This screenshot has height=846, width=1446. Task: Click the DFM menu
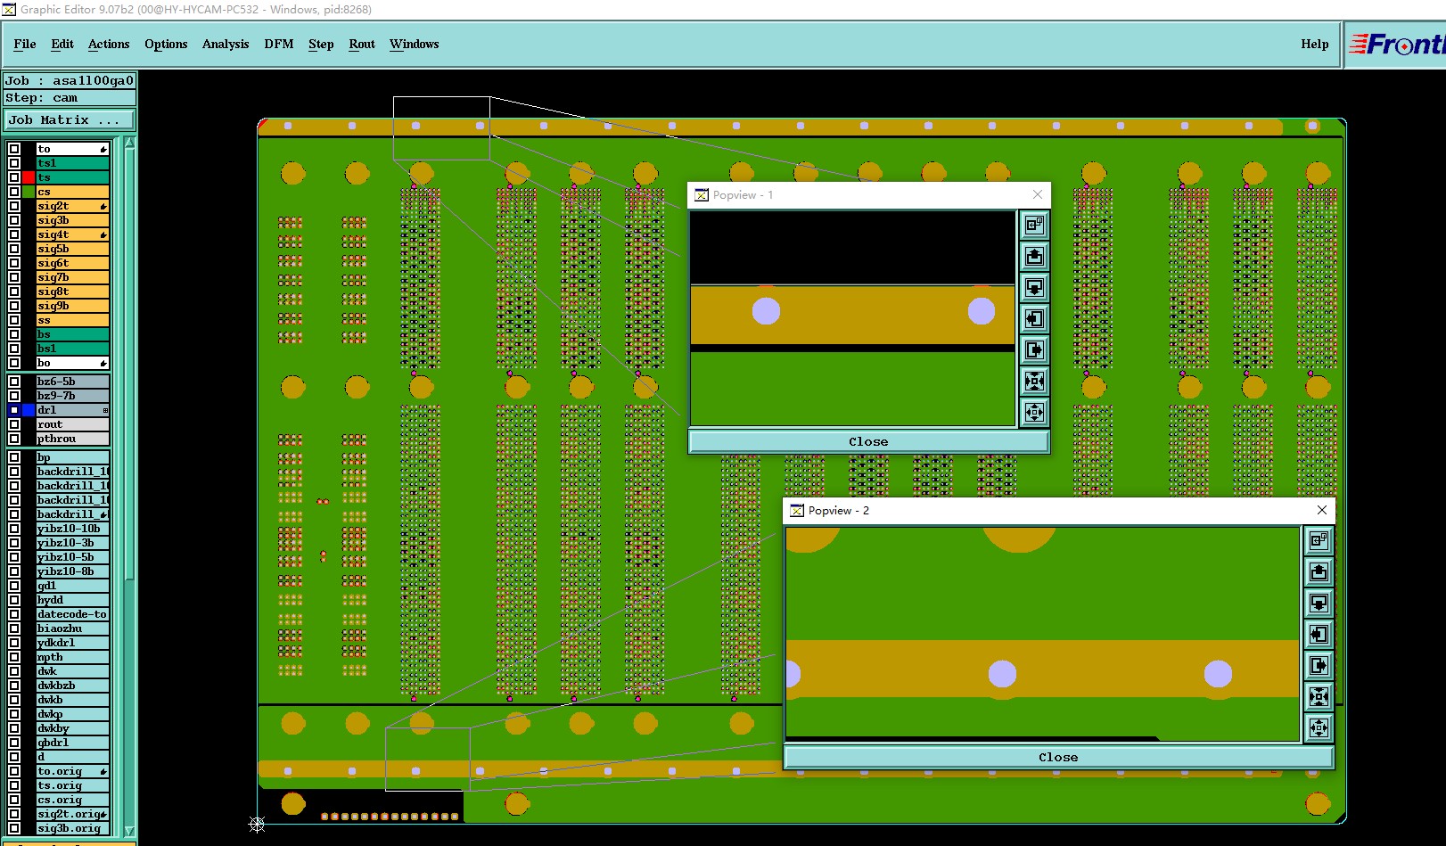[x=278, y=44]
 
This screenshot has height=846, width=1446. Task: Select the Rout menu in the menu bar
[x=361, y=44]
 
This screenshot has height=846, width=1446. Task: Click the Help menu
[x=1314, y=44]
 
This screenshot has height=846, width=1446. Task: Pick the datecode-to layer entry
[x=71, y=614]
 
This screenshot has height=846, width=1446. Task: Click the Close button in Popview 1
[x=868, y=441]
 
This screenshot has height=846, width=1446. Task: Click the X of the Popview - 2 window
[x=1322, y=510]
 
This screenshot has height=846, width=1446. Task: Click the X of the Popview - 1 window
[x=1038, y=194]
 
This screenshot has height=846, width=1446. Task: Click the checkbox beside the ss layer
[x=14, y=320]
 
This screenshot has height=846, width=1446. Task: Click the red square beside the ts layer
[x=29, y=177]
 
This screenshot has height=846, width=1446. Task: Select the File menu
[x=25, y=44]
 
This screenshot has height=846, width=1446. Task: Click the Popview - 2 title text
[x=838, y=511]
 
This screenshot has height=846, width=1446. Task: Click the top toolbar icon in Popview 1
[x=1034, y=226]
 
